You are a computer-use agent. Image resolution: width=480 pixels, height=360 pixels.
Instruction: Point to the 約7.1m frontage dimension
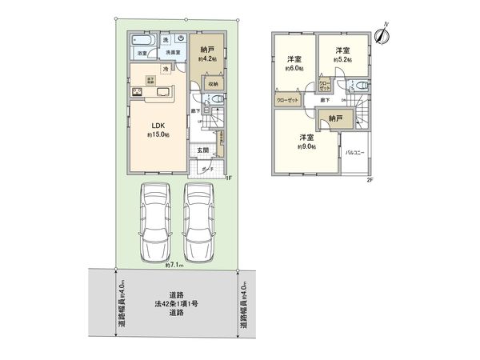point(174,265)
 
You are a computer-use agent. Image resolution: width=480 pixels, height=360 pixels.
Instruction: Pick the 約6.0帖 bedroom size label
point(293,67)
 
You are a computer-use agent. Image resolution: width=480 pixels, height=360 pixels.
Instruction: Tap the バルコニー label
point(355,152)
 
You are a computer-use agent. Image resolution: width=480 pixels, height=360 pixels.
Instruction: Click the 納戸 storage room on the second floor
point(334,118)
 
